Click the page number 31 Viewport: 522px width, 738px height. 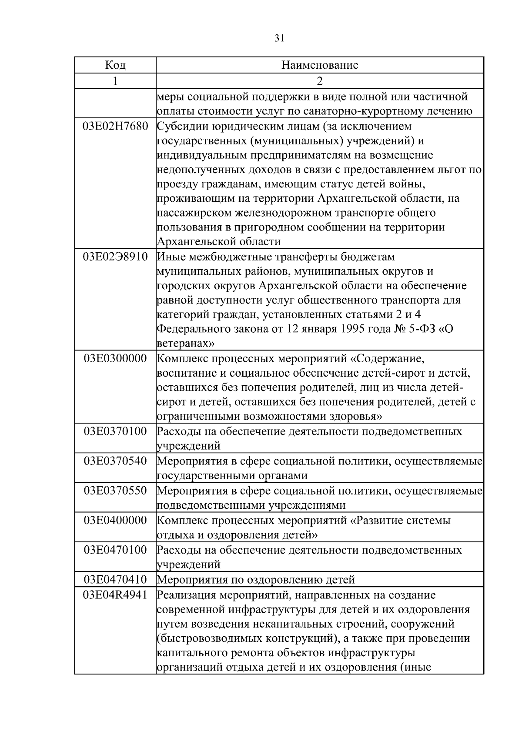279,38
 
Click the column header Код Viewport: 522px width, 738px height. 115,65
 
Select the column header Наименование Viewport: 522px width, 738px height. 320,65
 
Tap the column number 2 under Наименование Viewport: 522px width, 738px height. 320,81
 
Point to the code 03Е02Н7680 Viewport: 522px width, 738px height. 115,127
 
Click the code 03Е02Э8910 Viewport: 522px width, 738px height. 115,257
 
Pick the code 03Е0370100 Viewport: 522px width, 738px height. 115,431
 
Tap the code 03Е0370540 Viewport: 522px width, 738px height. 115,461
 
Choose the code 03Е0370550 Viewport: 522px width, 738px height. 115,491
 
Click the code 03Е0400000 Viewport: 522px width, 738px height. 115,520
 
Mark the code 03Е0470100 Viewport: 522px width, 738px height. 115,550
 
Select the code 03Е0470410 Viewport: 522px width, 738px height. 115,579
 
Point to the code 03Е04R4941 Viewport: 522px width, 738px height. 115,594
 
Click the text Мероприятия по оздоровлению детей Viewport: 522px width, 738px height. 256,580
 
